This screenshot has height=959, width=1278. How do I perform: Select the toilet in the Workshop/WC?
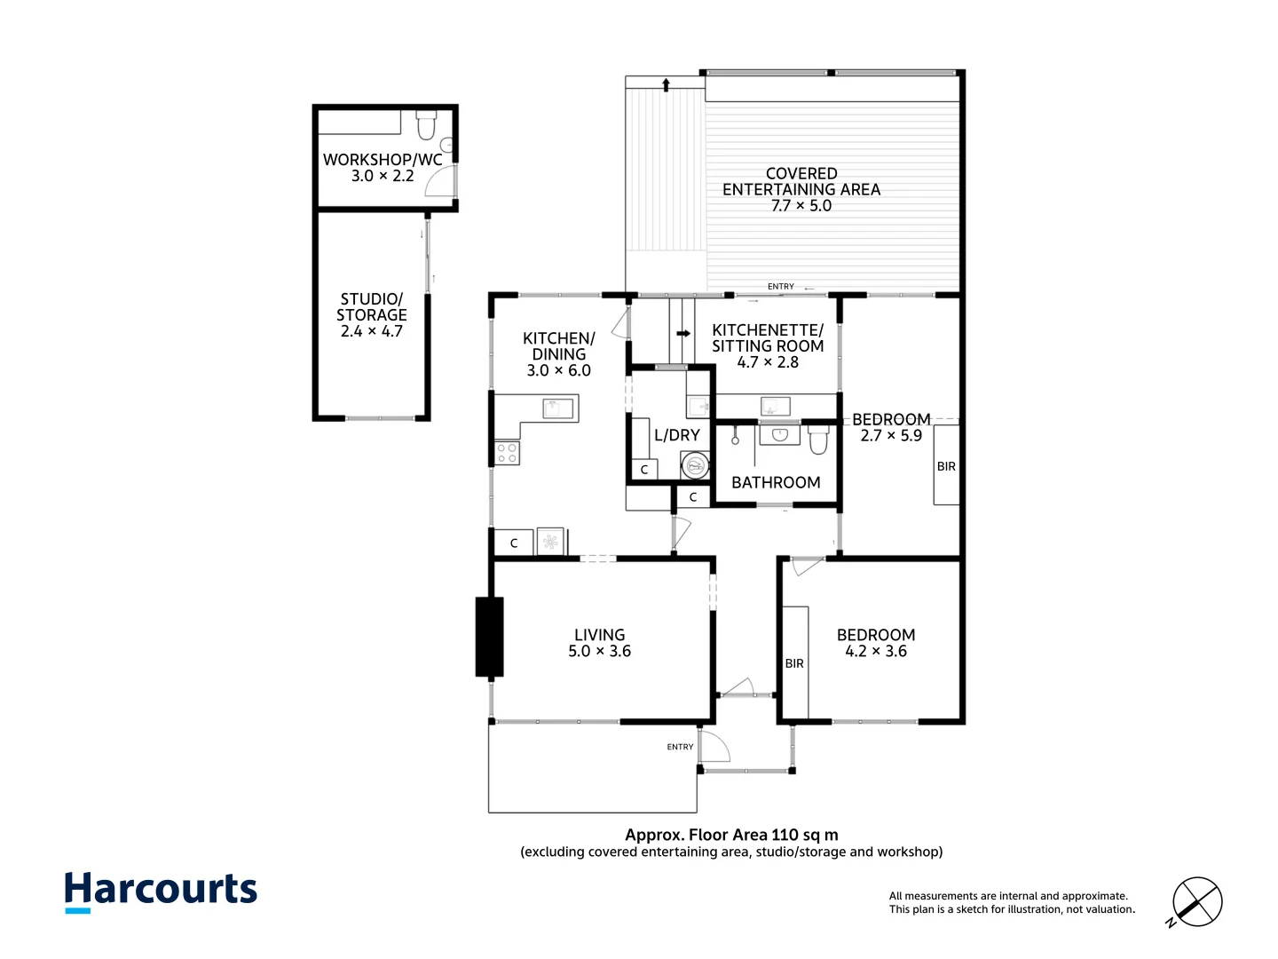pyautogui.click(x=426, y=125)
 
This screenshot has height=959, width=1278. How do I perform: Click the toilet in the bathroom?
pyautogui.click(x=818, y=440)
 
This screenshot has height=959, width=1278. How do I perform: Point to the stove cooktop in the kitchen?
pyautogui.click(x=507, y=453)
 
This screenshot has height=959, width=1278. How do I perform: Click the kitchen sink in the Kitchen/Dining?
pyautogui.click(x=557, y=408)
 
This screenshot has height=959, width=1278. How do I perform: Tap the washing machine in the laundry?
pyautogui.click(x=695, y=465)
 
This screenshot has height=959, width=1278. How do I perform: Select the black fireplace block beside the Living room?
pyautogui.click(x=489, y=637)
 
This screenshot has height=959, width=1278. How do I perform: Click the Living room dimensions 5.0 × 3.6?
pyautogui.click(x=599, y=651)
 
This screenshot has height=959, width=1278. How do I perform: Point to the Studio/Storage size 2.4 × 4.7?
pyautogui.click(x=372, y=331)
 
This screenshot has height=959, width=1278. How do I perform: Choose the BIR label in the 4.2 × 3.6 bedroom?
pyautogui.click(x=794, y=664)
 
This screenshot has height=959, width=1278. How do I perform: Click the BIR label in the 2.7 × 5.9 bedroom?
pyautogui.click(x=946, y=466)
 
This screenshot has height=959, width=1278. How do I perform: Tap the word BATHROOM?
pyautogui.click(x=776, y=483)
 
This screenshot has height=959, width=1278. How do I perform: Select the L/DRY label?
pyautogui.click(x=676, y=435)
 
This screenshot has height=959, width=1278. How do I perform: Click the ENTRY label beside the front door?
pyautogui.click(x=680, y=747)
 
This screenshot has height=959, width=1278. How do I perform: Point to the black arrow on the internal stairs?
pyautogui.click(x=683, y=334)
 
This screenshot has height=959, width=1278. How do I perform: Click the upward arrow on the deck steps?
pyautogui.click(x=667, y=85)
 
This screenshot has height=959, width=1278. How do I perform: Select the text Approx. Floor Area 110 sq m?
pyautogui.click(x=731, y=835)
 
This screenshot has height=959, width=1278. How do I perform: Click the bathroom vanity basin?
pyautogui.click(x=779, y=434)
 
